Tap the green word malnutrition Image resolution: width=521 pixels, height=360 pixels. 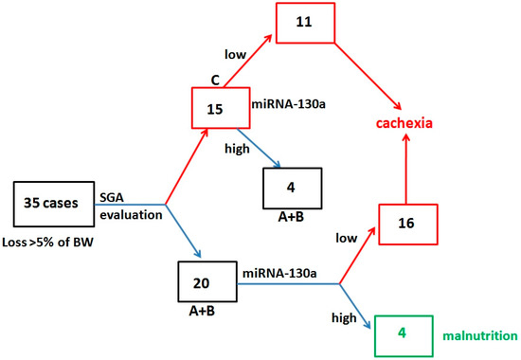(x=479, y=335)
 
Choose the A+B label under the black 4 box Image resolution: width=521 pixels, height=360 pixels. (x=290, y=216)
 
